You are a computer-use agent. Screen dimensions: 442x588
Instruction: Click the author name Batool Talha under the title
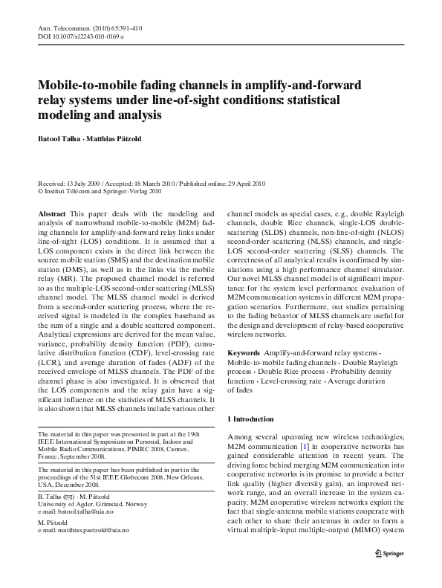(59, 138)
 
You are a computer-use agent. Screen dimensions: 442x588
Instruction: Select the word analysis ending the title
(137, 115)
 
